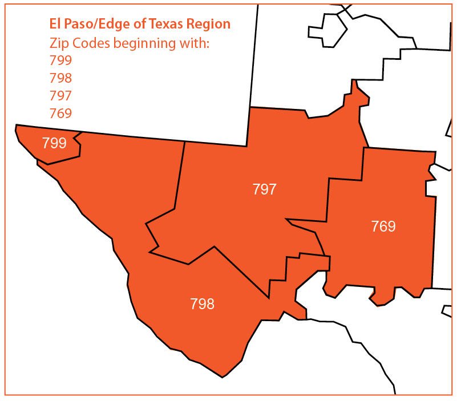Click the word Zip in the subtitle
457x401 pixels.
(x=58, y=43)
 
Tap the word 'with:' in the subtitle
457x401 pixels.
(x=195, y=43)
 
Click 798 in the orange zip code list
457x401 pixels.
(x=60, y=78)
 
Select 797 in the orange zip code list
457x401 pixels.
(x=60, y=95)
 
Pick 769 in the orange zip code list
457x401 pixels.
(x=60, y=113)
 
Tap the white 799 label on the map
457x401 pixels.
(x=54, y=143)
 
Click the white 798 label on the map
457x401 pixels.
(x=203, y=303)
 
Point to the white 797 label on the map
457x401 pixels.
(x=264, y=189)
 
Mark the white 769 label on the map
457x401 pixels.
(x=383, y=226)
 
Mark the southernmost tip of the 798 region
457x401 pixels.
(x=223, y=376)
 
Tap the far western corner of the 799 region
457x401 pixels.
(x=17, y=126)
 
